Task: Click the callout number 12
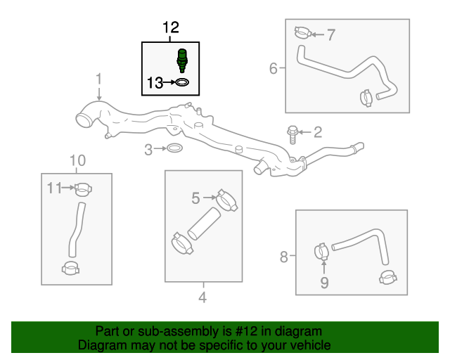click(x=171, y=28)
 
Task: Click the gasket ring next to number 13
click(x=181, y=84)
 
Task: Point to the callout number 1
click(x=99, y=79)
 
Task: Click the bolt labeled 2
click(x=292, y=131)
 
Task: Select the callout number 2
click(x=318, y=131)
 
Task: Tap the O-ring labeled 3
click(x=175, y=149)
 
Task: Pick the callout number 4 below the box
click(x=202, y=297)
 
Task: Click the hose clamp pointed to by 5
click(x=227, y=200)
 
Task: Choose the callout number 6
click(x=274, y=68)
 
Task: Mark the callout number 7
click(x=332, y=33)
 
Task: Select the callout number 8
click(x=284, y=257)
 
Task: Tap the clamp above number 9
click(x=321, y=250)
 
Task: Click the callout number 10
click(x=77, y=160)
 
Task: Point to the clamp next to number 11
click(x=83, y=188)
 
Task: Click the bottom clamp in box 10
click(x=71, y=268)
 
